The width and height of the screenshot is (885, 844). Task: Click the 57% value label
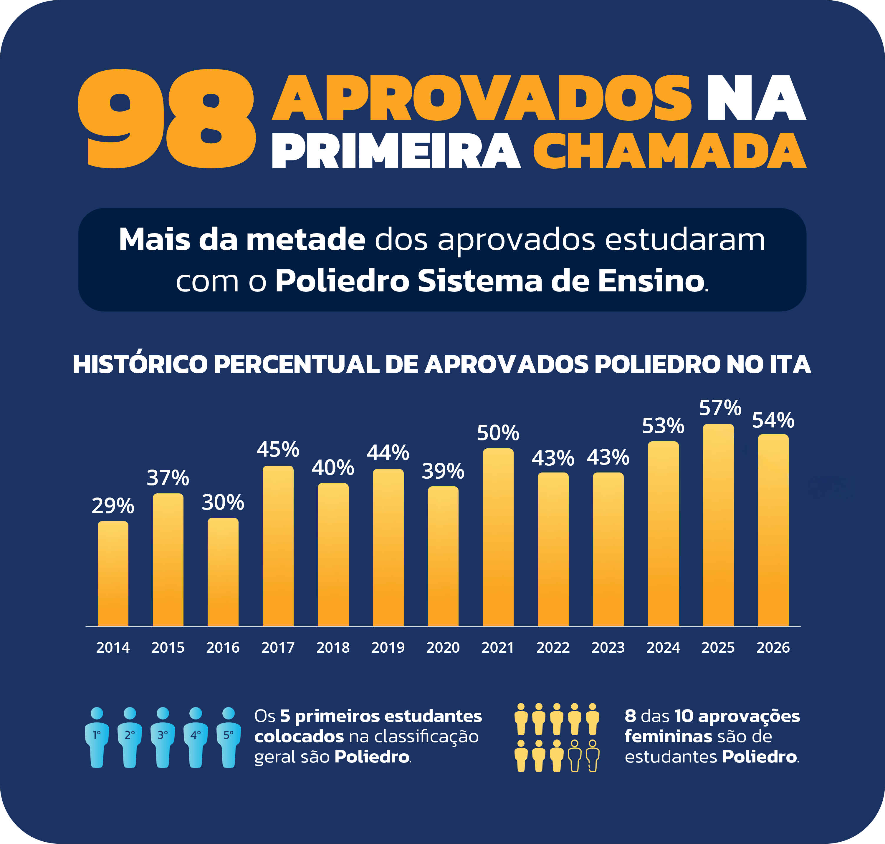(x=720, y=408)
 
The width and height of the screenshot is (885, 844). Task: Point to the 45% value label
(x=278, y=450)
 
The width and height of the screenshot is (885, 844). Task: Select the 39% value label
(x=443, y=471)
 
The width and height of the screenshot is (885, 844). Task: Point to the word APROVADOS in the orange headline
(x=482, y=98)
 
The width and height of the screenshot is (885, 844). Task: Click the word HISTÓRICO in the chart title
(x=140, y=364)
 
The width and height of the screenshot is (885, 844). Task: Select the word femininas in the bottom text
(x=668, y=737)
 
